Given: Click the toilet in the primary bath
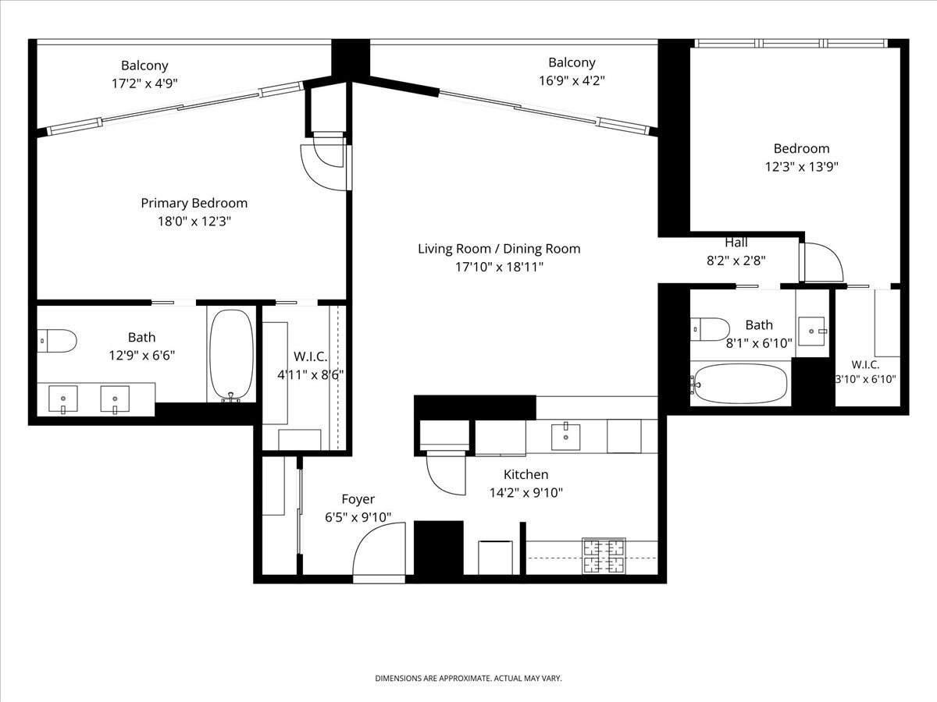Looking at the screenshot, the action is coord(57,341).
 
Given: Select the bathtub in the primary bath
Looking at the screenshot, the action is coord(231,355).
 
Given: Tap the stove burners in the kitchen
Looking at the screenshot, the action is coord(604,556).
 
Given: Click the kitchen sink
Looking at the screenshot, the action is coord(565,437).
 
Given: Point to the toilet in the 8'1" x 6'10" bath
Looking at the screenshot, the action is coord(710,329).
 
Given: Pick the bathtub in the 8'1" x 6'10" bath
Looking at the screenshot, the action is coord(741,384).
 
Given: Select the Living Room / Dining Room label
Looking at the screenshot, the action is coord(499,249).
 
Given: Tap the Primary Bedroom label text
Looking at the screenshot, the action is coord(194,203).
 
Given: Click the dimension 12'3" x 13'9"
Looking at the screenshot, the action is coord(802,166).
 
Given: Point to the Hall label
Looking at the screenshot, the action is coord(736,243).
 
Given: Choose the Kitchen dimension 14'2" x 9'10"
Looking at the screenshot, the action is coord(526,493).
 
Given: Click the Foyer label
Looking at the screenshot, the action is coord(358,499).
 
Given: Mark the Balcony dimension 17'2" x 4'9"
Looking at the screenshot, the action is coord(144,83).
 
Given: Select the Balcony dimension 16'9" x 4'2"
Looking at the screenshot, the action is coord(572,80).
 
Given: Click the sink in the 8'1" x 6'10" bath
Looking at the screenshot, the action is coord(812,331).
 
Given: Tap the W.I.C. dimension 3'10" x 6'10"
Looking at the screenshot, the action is coord(865,379).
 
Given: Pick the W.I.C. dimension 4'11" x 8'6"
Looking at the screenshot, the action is coord(311,375).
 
